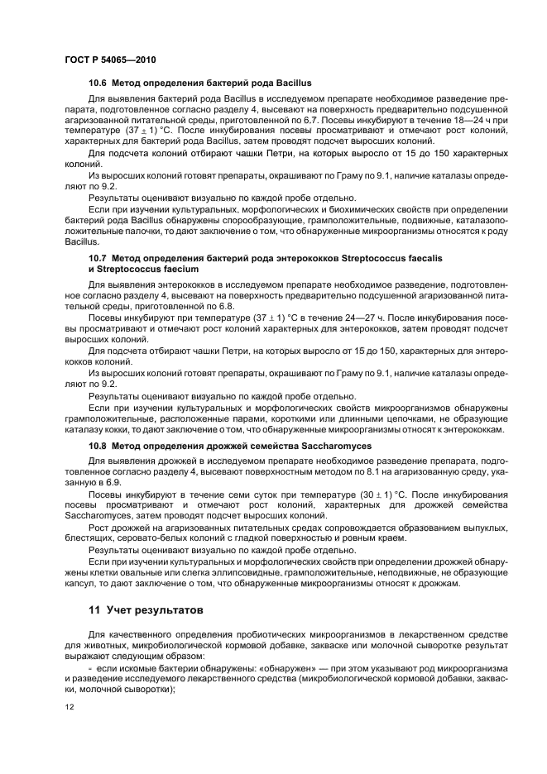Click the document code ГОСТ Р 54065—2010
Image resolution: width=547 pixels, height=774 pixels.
tap(110, 60)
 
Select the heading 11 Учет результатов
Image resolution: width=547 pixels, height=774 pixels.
tap(145, 611)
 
